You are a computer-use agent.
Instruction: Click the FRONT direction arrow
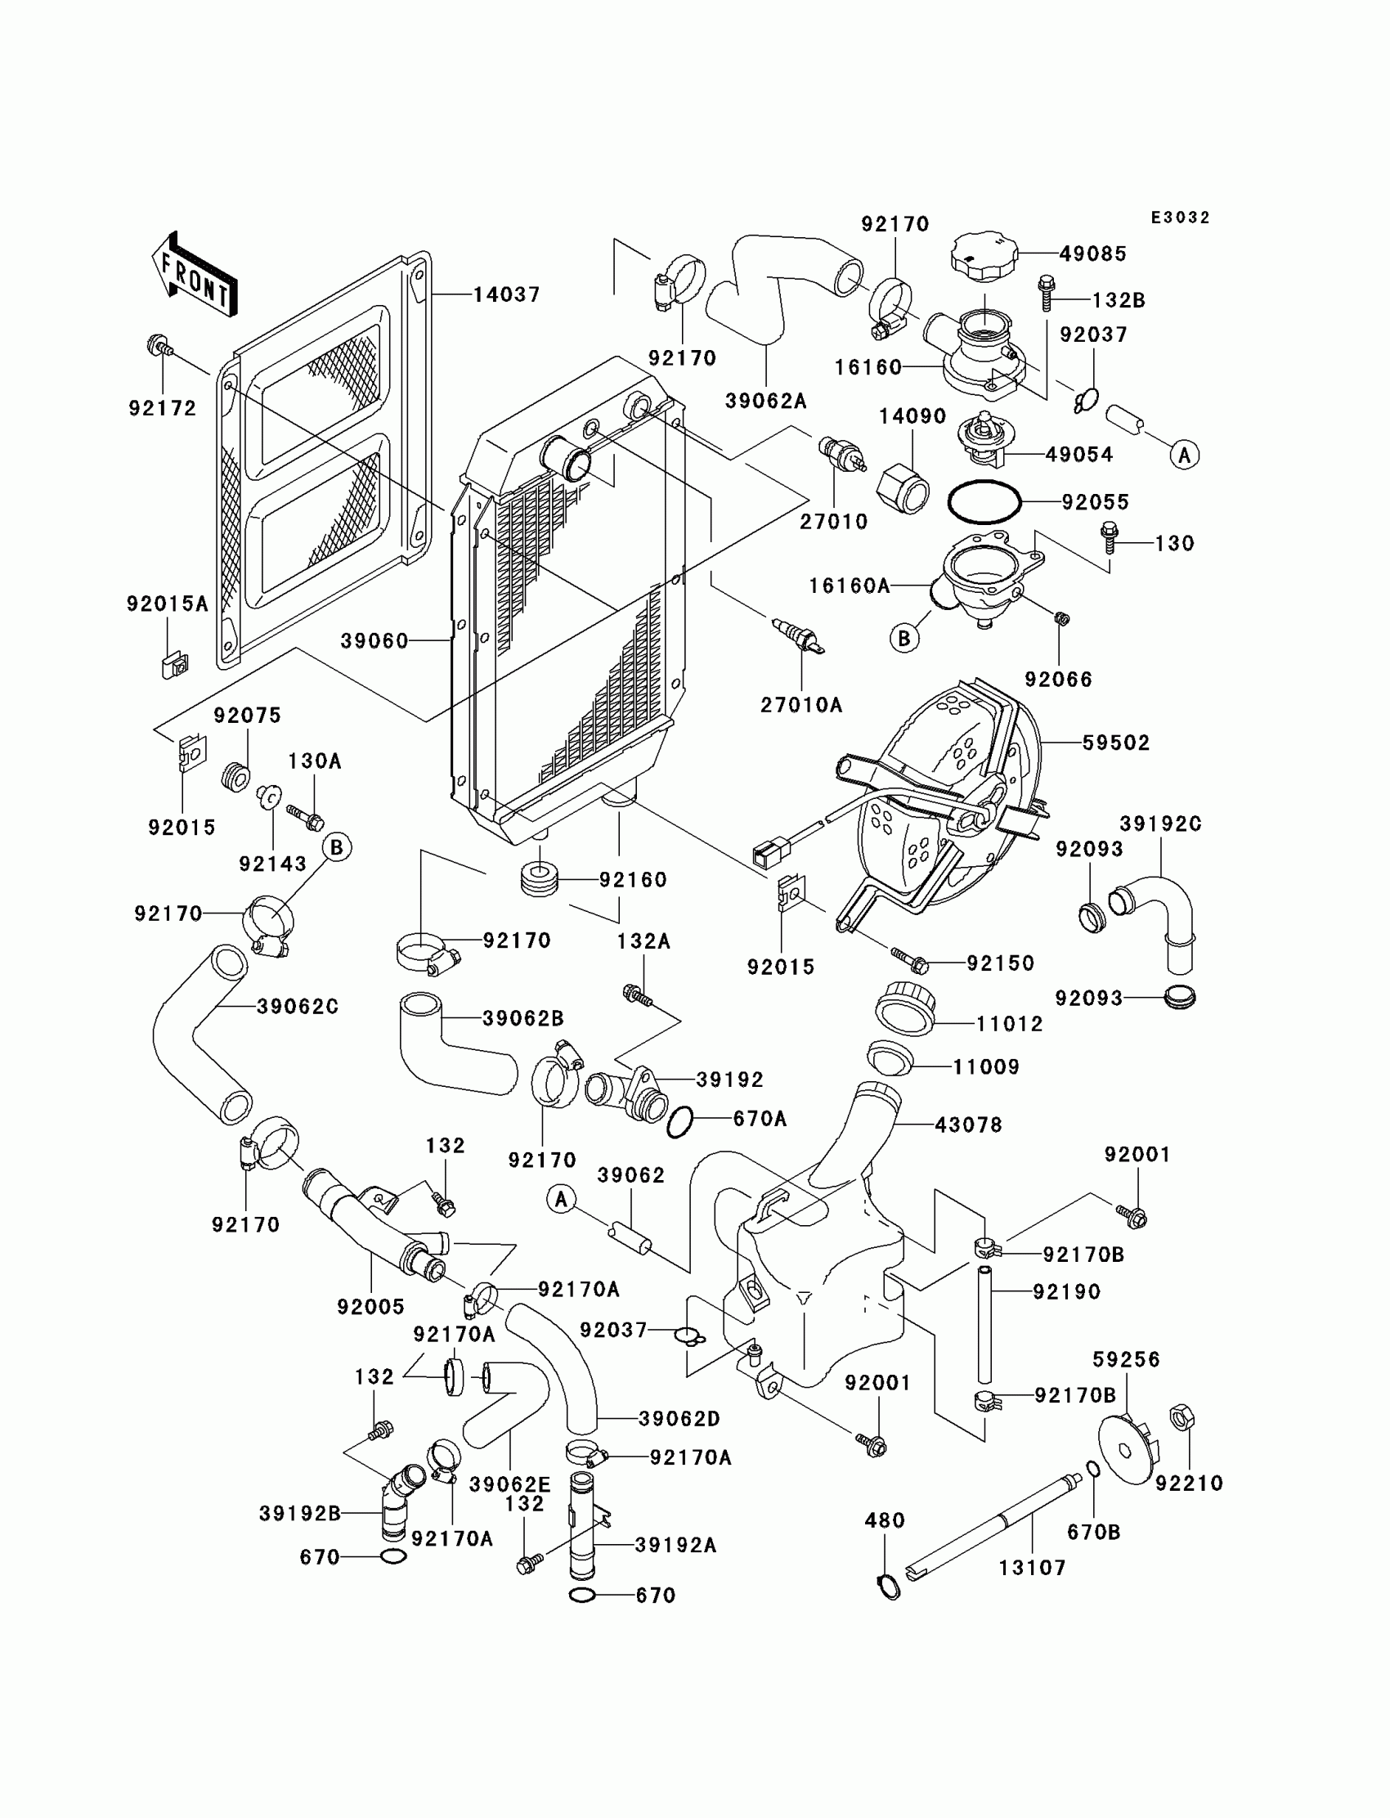coord(195,274)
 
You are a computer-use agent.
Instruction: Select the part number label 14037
coord(506,294)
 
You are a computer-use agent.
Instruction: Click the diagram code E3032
coord(1181,218)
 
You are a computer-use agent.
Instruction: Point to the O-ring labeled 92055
coord(984,502)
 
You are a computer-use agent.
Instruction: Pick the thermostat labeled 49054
coord(981,438)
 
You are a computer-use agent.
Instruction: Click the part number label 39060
coord(374,641)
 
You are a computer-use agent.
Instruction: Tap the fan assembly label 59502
coord(1116,743)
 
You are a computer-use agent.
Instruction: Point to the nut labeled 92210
coord(1182,1418)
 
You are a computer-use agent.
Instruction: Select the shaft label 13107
coord(1033,1568)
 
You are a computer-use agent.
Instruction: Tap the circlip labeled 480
coord(889,1587)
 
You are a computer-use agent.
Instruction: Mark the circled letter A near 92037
coord(1185,454)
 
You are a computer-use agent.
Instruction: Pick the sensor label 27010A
coord(801,705)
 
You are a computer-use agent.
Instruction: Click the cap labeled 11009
coord(890,1060)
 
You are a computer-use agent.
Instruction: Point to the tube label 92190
coord(1066,1292)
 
